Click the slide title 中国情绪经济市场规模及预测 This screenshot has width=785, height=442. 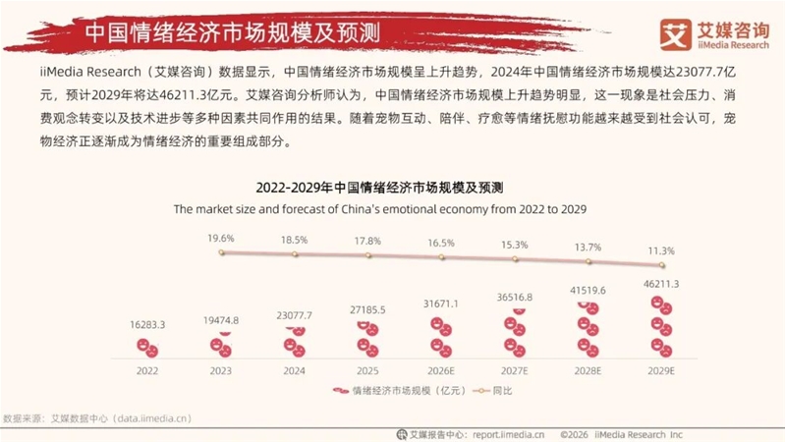pyautogui.click(x=208, y=30)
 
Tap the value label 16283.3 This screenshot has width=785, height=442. pyautogui.click(x=146, y=323)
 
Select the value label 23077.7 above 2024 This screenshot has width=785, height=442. pyautogui.click(x=295, y=314)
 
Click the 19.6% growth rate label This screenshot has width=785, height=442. pyautogui.click(x=221, y=239)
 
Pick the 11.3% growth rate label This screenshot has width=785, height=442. pyautogui.click(x=661, y=250)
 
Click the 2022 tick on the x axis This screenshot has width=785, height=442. pyautogui.click(x=146, y=371)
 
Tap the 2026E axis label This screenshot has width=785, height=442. pyautogui.click(x=441, y=371)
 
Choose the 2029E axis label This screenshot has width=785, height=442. pyautogui.click(x=661, y=371)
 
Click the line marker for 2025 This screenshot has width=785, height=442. pyautogui.click(x=368, y=256)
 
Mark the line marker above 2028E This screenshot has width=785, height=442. pyautogui.click(x=589, y=261)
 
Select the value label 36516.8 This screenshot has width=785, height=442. pyautogui.click(x=515, y=296)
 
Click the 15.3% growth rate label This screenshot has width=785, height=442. pyautogui.click(x=515, y=245)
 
